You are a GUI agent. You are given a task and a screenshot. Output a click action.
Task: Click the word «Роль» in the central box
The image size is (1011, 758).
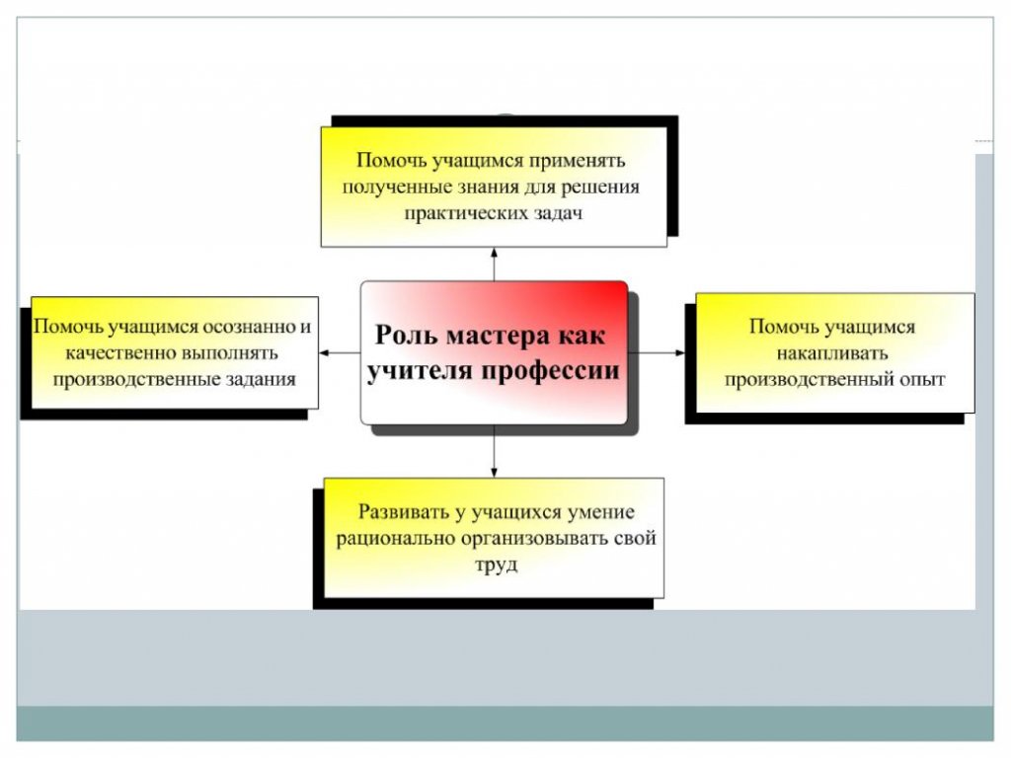tap(407, 336)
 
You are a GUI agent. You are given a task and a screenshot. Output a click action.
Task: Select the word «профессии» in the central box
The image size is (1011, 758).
tap(550, 371)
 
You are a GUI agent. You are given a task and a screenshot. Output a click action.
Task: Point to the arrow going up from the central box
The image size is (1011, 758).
tap(495, 265)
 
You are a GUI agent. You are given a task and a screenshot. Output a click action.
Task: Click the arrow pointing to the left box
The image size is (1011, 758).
tap(340, 352)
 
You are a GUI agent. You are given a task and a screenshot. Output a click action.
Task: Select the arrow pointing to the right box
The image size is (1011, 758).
tap(657, 352)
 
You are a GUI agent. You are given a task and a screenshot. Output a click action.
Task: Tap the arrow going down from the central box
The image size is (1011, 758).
tap(495, 451)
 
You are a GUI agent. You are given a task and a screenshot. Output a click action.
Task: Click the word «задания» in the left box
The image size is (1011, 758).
tap(261, 380)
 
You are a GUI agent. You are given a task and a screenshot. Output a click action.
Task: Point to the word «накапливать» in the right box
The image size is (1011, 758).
tap(831, 353)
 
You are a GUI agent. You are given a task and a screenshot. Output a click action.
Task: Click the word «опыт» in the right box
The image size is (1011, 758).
tap(922, 380)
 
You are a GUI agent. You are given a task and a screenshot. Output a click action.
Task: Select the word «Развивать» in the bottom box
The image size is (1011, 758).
tap(403, 512)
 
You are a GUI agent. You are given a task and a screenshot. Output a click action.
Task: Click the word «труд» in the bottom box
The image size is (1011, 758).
tap(497, 566)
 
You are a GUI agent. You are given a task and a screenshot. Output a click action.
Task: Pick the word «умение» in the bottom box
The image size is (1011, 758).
tap(601, 512)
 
